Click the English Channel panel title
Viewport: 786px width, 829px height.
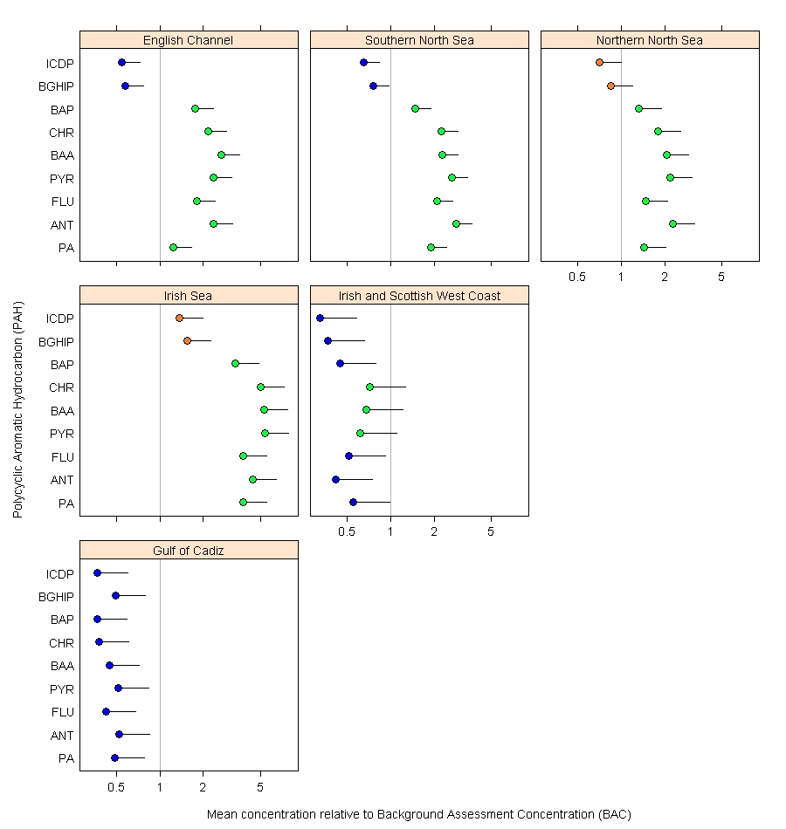(x=188, y=40)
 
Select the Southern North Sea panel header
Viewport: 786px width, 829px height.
(x=419, y=40)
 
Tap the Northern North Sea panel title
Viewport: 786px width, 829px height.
(x=649, y=40)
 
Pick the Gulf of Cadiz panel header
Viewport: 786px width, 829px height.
(x=189, y=551)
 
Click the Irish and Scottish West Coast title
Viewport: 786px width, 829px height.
(x=419, y=296)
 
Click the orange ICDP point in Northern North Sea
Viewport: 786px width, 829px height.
(x=599, y=62)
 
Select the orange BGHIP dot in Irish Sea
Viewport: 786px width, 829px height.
(x=187, y=340)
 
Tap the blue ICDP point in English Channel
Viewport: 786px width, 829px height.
(x=121, y=62)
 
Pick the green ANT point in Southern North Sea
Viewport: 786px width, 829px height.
(x=456, y=223)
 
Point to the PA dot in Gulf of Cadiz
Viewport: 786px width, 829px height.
(x=114, y=757)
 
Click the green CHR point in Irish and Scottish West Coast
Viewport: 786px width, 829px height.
(x=369, y=387)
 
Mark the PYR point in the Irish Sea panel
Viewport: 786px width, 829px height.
(x=265, y=433)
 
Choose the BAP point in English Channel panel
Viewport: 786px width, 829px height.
(x=195, y=108)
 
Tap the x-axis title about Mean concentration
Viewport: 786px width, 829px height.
(x=418, y=814)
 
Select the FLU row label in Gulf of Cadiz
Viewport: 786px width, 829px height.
(x=63, y=712)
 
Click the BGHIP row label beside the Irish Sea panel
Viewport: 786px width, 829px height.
(x=57, y=341)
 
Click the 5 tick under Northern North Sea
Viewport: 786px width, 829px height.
(x=721, y=277)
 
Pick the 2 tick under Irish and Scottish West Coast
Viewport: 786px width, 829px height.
(x=434, y=532)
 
